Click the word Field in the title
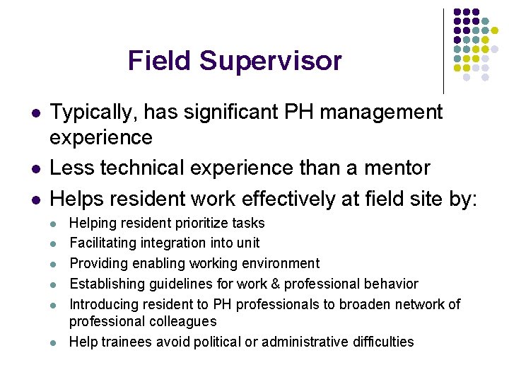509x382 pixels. click(x=160, y=61)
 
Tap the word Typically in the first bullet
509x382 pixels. click(x=93, y=112)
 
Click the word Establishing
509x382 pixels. click(x=105, y=284)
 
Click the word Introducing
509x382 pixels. click(x=105, y=304)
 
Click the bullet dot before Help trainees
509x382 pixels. click(x=53, y=342)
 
